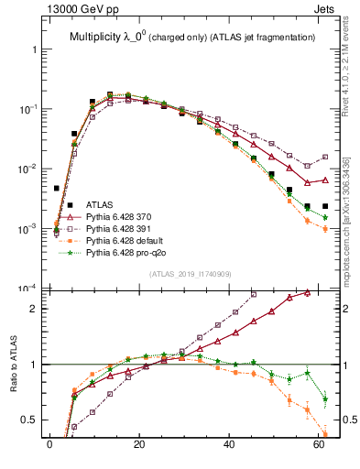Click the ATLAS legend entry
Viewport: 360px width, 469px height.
pyautogui.click(x=99, y=202)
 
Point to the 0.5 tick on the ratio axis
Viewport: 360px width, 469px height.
pyautogui.click(x=30, y=420)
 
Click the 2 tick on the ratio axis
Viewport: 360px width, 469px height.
pyautogui.click(x=36, y=309)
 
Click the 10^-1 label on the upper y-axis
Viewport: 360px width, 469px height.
pyautogui.click(x=27, y=109)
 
